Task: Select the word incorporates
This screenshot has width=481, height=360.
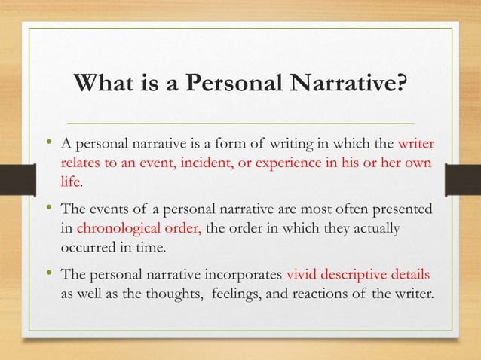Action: pyautogui.click(x=237, y=272)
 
